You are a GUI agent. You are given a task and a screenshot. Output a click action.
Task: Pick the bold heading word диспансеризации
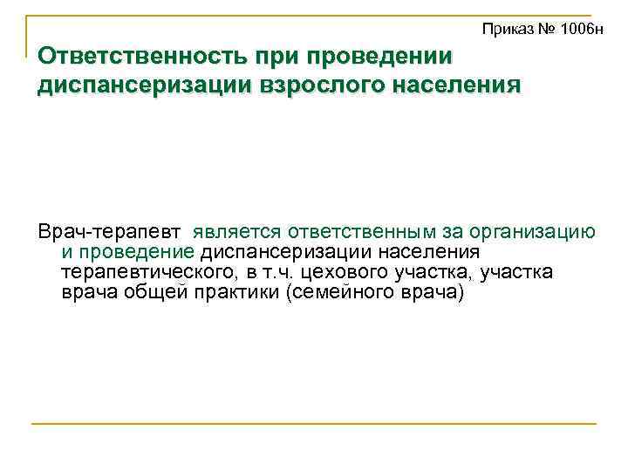(119, 86)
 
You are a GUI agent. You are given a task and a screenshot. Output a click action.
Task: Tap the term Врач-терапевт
(109, 233)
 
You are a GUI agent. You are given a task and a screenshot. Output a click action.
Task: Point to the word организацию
(533, 233)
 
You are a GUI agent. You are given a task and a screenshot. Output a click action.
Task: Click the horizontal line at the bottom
(314, 424)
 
